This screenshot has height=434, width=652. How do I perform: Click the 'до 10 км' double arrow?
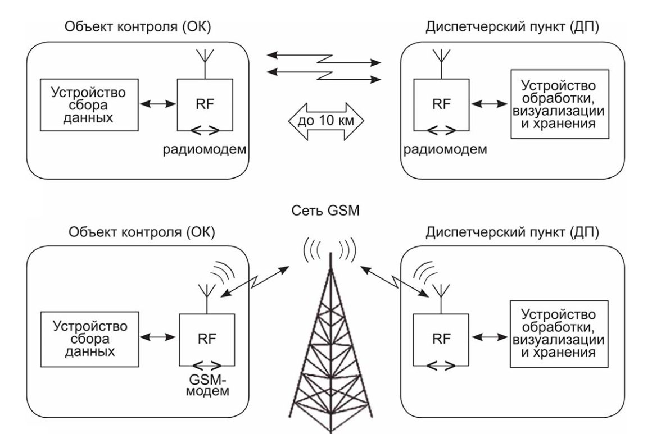(x=325, y=121)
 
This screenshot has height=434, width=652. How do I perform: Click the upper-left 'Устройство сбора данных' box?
(x=88, y=104)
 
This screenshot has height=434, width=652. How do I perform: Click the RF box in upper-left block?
(x=204, y=105)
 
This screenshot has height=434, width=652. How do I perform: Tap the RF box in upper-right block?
(x=441, y=105)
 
